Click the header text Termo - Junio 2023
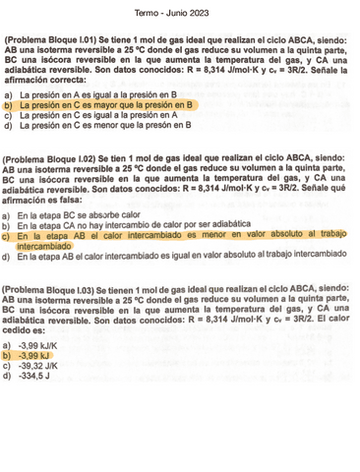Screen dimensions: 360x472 [180, 13]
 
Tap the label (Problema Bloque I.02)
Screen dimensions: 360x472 [56, 159]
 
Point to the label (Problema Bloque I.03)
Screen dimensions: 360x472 [56, 290]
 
